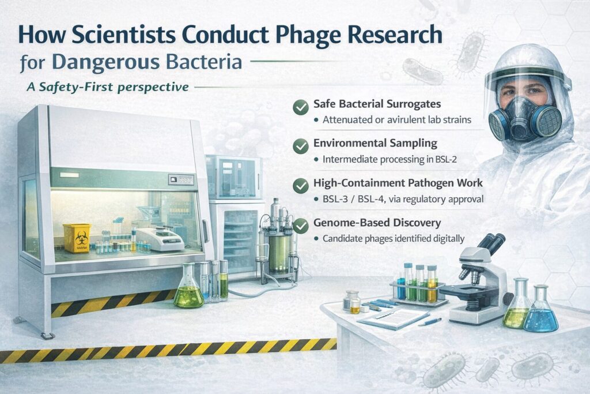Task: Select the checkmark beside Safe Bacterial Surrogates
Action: tap(300, 107)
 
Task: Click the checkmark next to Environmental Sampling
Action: tap(300, 147)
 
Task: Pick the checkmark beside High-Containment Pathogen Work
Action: tap(300, 186)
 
